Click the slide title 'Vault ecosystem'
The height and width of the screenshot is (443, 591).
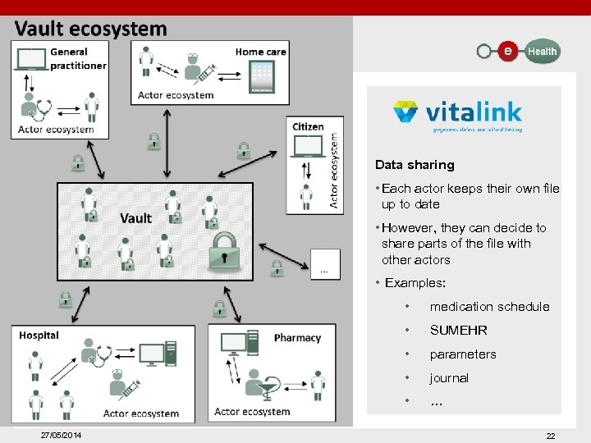tap(90, 30)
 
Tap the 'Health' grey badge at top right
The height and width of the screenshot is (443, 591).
tap(542, 51)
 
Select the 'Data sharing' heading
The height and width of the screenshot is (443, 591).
tap(415, 165)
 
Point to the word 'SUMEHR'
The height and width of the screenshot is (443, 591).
tap(459, 331)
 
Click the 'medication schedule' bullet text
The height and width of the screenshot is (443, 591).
tap(489, 307)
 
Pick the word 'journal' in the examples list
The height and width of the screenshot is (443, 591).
tap(449, 378)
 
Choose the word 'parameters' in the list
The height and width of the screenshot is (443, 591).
tap(463, 354)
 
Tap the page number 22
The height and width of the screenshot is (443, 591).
tap(551, 436)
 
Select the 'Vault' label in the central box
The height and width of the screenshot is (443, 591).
tap(135, 217)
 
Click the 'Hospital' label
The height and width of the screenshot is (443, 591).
tap(39, 335)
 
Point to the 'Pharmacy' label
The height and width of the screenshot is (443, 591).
tap(297, 338)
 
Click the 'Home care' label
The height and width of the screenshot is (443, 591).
tap(260, 52)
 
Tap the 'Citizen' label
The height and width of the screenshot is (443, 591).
tap(308, 126)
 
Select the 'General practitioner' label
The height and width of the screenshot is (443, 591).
tap(78, 59)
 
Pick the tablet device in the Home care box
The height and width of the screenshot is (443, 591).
tap(262, 76)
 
